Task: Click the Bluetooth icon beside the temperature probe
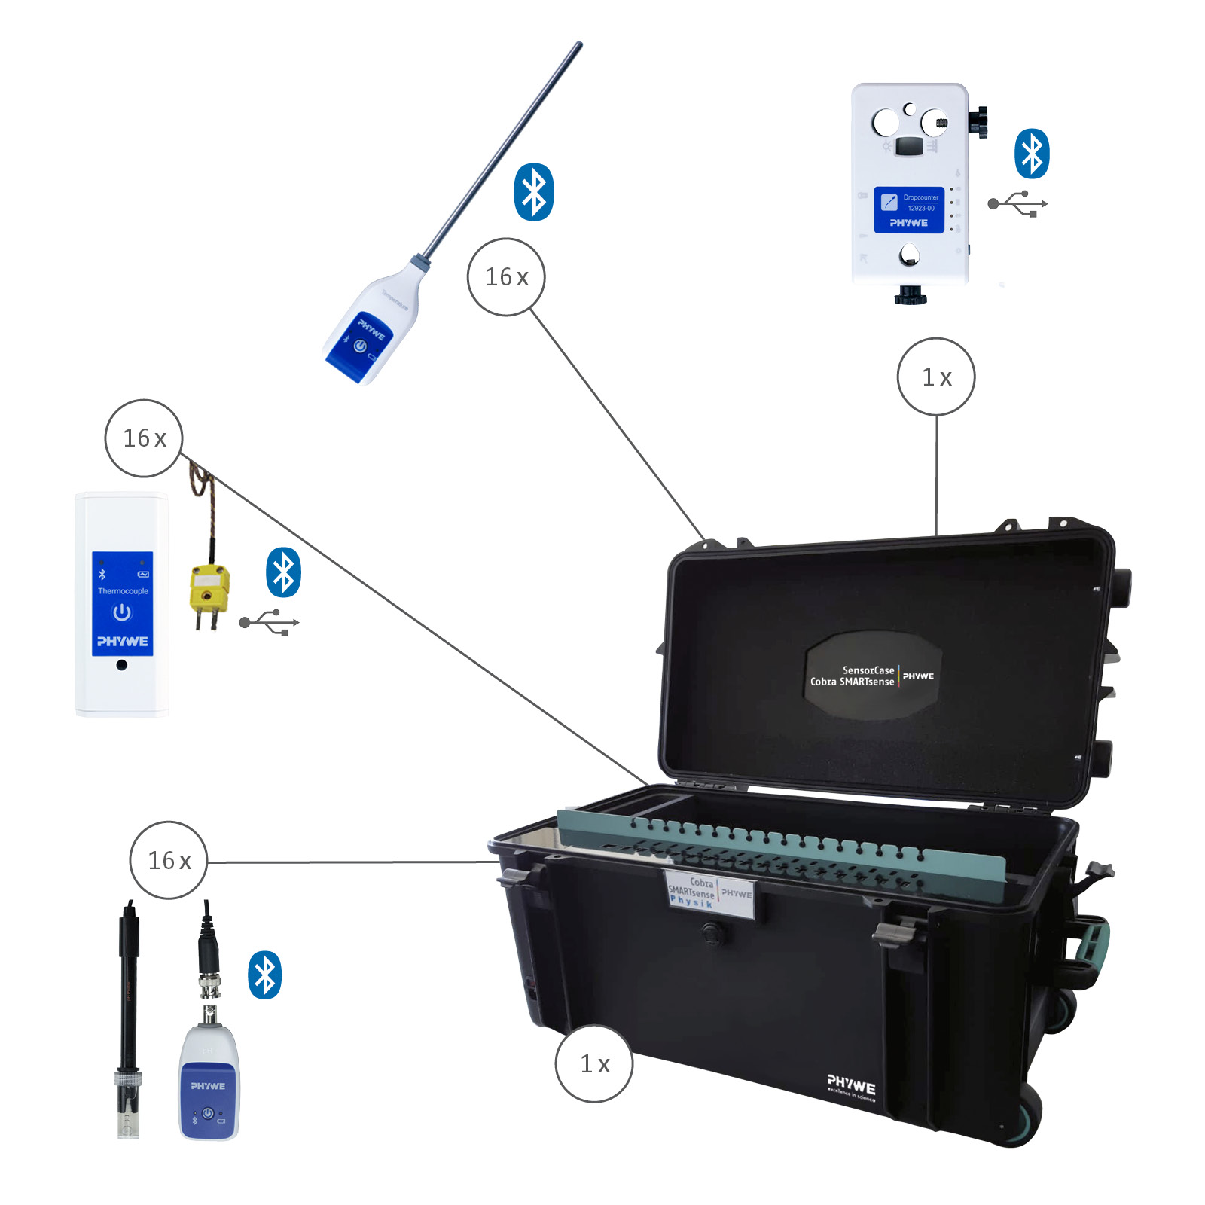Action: (x=533, y=192)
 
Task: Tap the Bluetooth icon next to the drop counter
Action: (x=1032, y=154)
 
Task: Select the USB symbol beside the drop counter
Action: (x=1018, y=203)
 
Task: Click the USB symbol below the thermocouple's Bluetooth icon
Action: (x=270, y=623)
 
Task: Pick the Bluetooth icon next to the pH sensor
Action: (x=264, y=975)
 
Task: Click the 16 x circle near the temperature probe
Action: (x=506, y=277)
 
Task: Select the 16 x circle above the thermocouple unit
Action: (x=143, y=438)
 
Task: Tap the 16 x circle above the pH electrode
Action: (x=168, y=860)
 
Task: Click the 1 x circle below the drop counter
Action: (x=936, y=377)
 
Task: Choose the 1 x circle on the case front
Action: (x=594, y=1063)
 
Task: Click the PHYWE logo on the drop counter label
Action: (x=908, y=223)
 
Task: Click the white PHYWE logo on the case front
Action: (x=851, y=1085)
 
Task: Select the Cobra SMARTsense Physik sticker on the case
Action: (x=709, y=893)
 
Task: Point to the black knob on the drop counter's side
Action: (x=978, y=122)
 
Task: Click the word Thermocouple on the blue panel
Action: (x=123, y=591)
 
